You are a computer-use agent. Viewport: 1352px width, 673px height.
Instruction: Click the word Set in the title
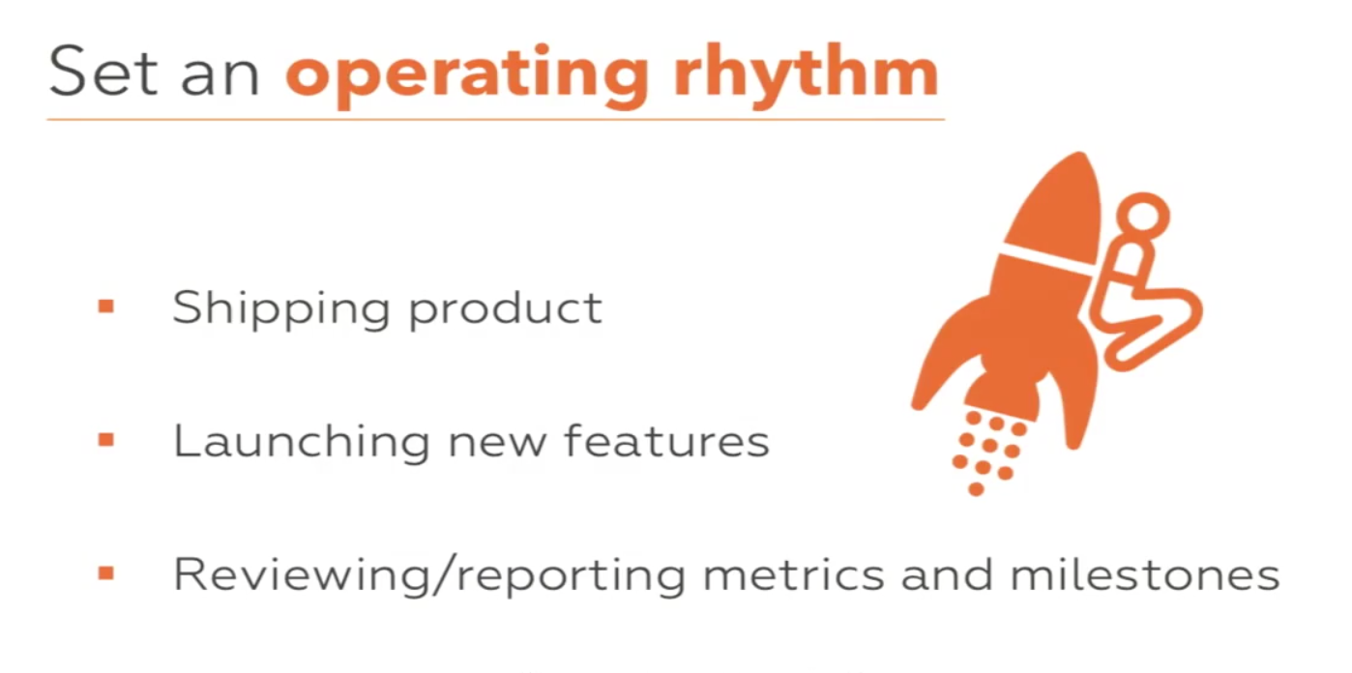pos(103,72)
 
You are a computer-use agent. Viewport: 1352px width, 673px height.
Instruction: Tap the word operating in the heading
pos(467,76)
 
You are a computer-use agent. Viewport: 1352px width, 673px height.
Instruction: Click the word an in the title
pos(220,78)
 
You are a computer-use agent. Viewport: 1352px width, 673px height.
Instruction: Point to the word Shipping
pos(281,309)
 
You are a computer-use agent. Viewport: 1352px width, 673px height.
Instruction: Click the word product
pos(506,309)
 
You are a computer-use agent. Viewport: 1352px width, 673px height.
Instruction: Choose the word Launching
pos(302,443)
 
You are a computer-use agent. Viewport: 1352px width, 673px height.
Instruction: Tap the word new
pos(497,448)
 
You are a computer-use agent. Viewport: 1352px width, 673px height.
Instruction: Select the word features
pos(667,442)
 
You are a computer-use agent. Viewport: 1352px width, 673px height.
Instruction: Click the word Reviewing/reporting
pos(429,576)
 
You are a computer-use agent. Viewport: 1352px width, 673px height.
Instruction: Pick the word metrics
pos(794,574)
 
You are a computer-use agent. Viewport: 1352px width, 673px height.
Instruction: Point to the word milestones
pos(1145,574)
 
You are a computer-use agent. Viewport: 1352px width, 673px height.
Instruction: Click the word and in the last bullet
pos(947,574)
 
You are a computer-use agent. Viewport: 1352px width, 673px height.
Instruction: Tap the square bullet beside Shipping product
pos(106,307)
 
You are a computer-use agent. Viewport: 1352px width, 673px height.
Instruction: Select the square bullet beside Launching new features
pos(106,440)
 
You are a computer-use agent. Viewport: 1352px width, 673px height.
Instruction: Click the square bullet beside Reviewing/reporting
pos(106,573)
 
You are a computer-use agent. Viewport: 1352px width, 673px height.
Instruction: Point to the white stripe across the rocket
pos(1046,259)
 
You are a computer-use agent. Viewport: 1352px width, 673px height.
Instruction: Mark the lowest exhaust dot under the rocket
pos(976,489)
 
